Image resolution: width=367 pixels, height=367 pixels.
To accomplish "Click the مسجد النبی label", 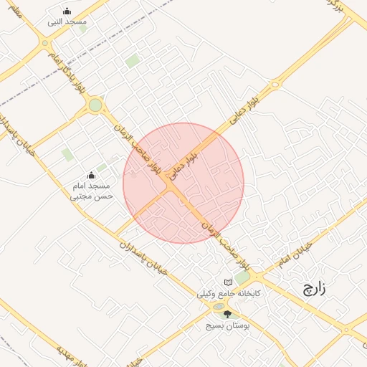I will point(67,22).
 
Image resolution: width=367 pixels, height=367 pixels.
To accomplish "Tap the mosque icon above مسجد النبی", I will point(67,11).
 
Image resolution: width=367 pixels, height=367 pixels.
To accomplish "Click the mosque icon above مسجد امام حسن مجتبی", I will point(91,175).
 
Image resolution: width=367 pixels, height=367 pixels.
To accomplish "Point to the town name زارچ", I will point(312,290).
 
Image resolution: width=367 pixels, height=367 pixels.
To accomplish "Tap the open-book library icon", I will point(228,282).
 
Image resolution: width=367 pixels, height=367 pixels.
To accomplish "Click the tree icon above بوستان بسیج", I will point(228,314).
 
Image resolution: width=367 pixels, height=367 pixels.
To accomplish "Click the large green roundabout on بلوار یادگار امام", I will point(95,106).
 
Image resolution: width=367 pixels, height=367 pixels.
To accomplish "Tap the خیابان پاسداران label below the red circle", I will point(147,257).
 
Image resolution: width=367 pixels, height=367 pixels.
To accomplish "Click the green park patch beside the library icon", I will point(243,277).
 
